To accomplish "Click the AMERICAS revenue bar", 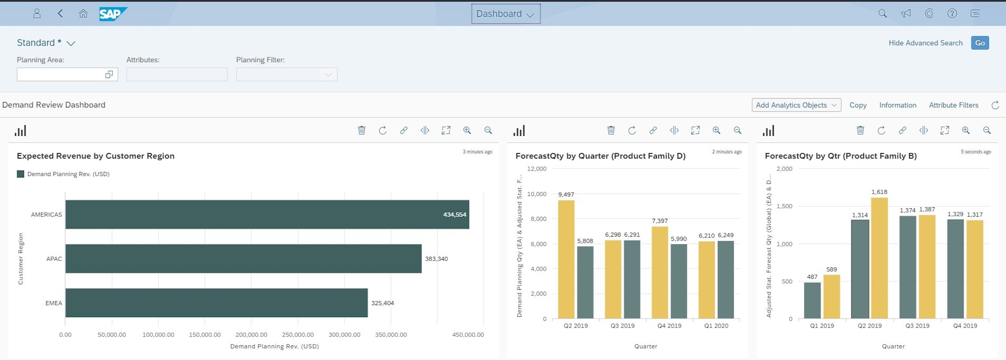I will click(x=267, y=214).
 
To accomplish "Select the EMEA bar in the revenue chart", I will click(x=216, y=303).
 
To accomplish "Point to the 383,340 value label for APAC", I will click(x=436, y=259).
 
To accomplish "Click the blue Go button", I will click(x=979, y=43).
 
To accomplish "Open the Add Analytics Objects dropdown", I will click(x=796, y=105).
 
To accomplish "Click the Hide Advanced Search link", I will click(x=925, y=43).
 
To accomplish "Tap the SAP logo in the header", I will click(x=113, y=14).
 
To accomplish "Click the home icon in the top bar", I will click(x=83, y=14).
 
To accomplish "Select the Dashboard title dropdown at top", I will click(x=505, y=14).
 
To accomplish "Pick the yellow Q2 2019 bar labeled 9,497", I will click(x=566, y=259).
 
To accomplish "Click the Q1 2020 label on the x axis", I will click(x=716, y=326).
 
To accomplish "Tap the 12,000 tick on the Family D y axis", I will click(x=537, y=169).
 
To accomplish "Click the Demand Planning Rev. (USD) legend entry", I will click(x=68, y=174).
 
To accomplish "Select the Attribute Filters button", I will click(x=953, y=105).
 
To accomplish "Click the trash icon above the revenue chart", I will click(x=362, y=130).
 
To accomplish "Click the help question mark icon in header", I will click(x=952, y=14).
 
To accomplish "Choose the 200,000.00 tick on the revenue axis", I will click(x=251, y=334).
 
